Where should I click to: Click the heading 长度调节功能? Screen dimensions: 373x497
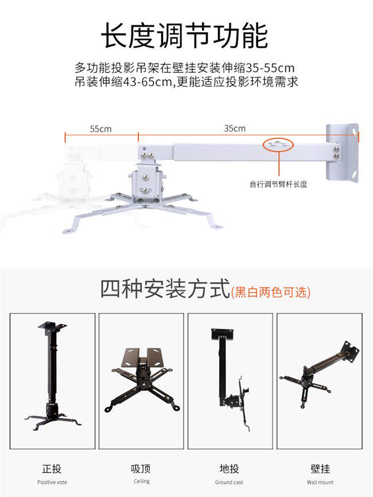(x=184, y=36)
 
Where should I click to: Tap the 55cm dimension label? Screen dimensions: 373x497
(x=100, y=129)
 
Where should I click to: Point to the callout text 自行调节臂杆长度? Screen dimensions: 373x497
(x=278, y=184)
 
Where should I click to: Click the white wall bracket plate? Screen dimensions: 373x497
(x=342, y=153)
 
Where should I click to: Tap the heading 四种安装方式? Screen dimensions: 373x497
(x=165, y=289)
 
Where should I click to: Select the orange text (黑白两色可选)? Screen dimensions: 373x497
(x=271, y=292)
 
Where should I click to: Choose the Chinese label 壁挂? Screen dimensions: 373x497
(x=320, y=469)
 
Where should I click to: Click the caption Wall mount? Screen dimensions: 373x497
(x=320, y=483)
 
